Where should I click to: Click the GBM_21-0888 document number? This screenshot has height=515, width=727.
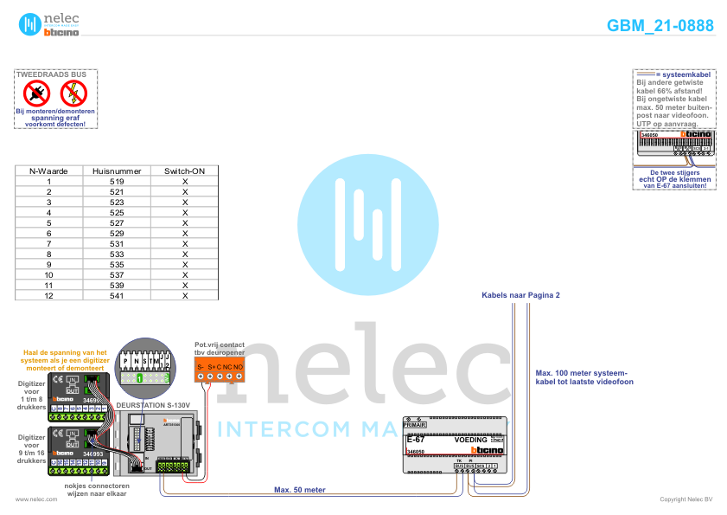point(660,26)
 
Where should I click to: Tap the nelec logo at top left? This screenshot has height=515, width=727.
point(48,24)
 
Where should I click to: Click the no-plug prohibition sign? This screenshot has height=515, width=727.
point(37,93)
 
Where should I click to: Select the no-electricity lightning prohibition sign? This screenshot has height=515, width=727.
point(74,93)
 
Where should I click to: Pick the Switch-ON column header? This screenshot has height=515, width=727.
point(184,171)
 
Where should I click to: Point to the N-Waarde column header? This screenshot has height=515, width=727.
point(49,171)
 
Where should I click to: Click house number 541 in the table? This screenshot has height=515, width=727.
point(117,295)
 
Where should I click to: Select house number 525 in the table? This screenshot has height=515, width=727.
point(117,212)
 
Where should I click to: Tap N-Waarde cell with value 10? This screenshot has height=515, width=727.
point(49,274)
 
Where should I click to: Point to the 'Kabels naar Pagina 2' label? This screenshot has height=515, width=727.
point(520,295)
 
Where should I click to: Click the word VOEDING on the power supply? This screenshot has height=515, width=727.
point(471,440)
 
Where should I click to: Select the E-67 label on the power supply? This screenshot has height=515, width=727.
point(415,440)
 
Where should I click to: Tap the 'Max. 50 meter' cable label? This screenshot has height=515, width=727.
point(299,490)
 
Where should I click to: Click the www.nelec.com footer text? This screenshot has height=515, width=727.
point(30,499)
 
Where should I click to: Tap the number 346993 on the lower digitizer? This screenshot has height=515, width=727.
point(92,453)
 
